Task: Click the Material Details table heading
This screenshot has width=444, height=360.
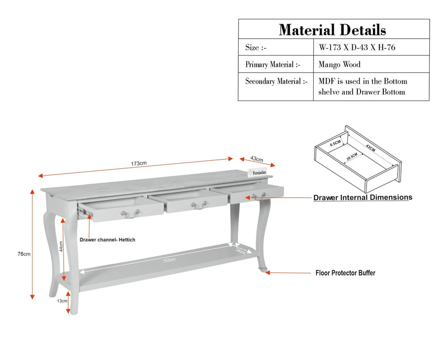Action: point(333,30)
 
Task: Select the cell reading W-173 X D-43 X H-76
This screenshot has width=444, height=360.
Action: point(357,47)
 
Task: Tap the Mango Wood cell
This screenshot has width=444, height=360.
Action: point(339,65)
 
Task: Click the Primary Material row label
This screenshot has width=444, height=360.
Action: point(273,65)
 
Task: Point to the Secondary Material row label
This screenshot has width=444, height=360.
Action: point(276,81)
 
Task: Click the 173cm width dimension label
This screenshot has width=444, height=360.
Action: point(139,163)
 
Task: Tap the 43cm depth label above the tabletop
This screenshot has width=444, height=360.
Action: point(257,159)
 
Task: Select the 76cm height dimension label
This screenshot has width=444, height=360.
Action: point(24,254)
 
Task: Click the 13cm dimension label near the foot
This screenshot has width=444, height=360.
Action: point(62,301)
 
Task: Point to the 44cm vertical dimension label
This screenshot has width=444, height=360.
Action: point(61,246)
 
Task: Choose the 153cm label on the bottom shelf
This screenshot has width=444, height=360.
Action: point(169,260)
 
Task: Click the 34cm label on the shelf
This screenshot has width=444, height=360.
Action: point(240,251)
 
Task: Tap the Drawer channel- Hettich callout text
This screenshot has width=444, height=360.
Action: point(108,240)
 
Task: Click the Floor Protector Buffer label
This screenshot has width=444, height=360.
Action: point(345,273)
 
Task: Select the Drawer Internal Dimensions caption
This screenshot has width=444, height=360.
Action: point(363,197)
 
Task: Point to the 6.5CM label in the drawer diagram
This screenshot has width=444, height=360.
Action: point(335,143)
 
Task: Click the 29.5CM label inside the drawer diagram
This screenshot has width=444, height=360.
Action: point(352,156)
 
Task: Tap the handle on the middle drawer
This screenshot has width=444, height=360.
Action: point(199,205)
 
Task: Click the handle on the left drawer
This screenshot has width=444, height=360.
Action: point(130,214)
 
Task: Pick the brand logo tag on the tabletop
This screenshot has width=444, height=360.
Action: point(257,173)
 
